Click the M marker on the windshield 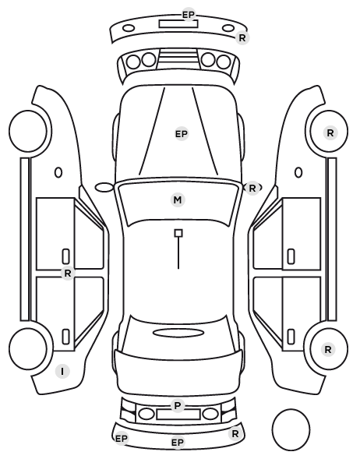[x=178, y=199]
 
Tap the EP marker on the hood [x=182, y=134]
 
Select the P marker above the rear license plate [x=178, y=405]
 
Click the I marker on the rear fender [x=62, y=372]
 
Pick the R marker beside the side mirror [x=252, y=188]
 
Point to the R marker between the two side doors [x=68, y=273]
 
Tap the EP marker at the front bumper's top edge [x=189, y=14]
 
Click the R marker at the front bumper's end [x=242, y=37]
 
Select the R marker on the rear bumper [x=235, y=433]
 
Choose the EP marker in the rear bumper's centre [x=178, y=443]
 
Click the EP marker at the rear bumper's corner [x=122, y=439]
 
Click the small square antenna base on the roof [x=178, y=233]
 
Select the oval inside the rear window [x=178, y=333]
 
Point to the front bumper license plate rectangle [x=178, y=24]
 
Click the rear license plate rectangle [x=178, y=415]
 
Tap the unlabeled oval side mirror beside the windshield [x=104, y=188]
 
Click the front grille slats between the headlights [x=178, y=58]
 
